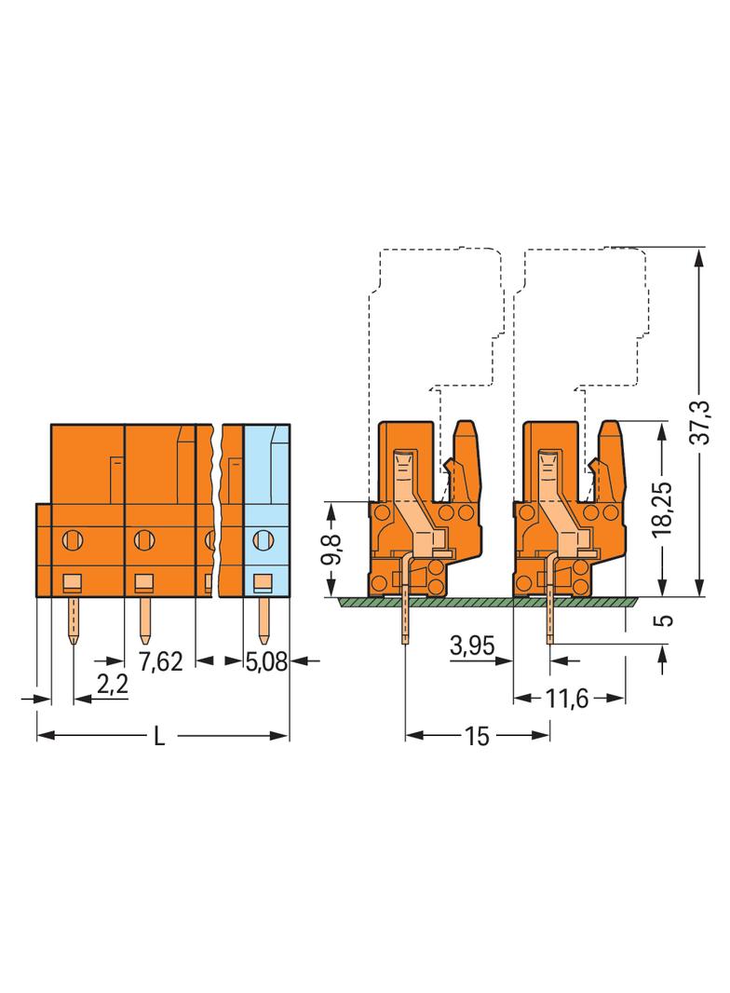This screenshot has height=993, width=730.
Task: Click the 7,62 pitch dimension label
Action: (160, 661)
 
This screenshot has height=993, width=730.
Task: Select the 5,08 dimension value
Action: (266, 661)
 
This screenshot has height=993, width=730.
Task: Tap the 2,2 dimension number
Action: (113, 684)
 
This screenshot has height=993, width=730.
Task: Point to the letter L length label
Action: (159, 736)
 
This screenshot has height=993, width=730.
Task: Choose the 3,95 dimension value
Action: (472, 646)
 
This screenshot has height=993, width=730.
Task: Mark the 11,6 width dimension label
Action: (567, 700)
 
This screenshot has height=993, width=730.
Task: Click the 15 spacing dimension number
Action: (477, 736)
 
